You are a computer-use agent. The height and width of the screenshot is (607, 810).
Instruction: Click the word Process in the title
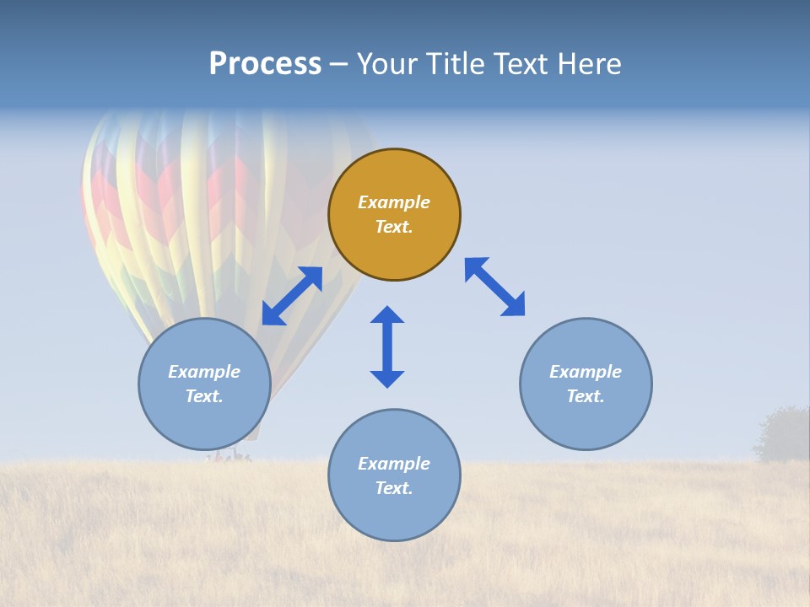coord(265,64)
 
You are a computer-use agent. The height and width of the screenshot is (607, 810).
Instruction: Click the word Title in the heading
coord(456,64)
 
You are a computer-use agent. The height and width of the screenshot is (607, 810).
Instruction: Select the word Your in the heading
coord(386,64)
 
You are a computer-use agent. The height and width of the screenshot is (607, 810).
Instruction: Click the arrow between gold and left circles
coord(292,296)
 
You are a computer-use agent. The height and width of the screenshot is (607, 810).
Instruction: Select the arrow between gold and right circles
coord(494,287)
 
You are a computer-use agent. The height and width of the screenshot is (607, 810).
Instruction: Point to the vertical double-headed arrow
coord(387,346)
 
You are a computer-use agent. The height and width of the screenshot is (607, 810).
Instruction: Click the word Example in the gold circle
coord(394,202)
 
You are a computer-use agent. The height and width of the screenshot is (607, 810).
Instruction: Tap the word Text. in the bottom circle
coord(394,488)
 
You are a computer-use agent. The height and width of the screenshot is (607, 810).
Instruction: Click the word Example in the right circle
coord(586,372)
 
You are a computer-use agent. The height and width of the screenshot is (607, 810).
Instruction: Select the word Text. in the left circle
coord(204,396)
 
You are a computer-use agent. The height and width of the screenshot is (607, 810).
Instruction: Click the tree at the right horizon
coord(783,434)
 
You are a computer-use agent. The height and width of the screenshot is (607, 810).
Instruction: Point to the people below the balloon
coord(229,457)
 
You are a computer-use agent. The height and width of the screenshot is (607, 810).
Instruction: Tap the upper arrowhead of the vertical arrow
coord(387,316)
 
